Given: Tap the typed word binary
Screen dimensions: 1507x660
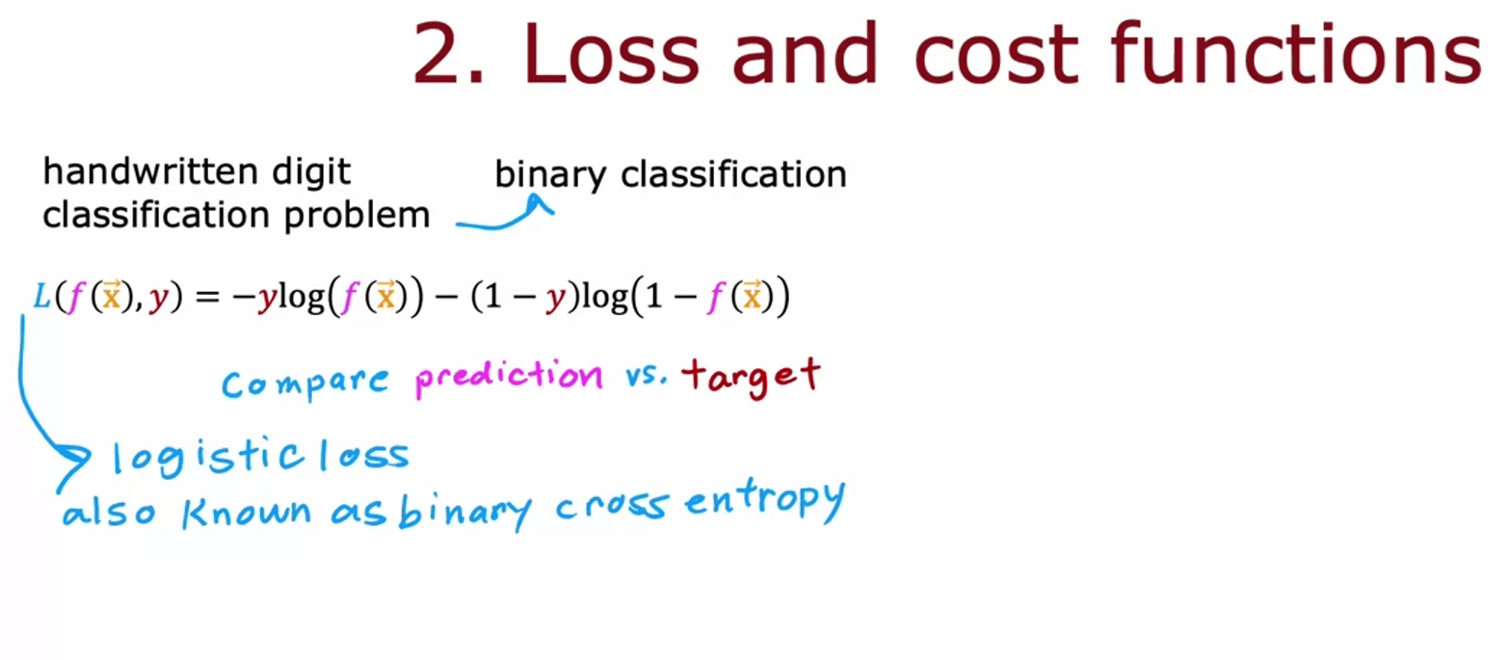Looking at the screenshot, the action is tap(550, 175).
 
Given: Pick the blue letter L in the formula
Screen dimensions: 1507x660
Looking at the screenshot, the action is tap(41, 296).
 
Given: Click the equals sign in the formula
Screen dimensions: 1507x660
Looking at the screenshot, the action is tap(208, 297).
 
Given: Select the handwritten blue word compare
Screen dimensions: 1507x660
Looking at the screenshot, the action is tap(305, 383).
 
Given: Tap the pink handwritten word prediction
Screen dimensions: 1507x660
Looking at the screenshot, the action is tap(509, 377).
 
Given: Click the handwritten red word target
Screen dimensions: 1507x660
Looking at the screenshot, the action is tap(751, 377).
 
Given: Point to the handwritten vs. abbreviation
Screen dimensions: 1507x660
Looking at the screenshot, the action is tap(646, 376).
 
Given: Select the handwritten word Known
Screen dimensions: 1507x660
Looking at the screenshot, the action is tap(247, 513).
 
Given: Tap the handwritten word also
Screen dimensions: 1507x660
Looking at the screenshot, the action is tap(109, 513).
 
